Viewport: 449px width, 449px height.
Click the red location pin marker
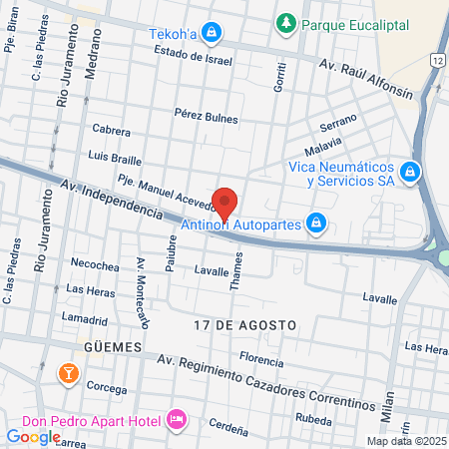[225, 203]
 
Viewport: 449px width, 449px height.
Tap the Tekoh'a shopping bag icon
[211, 33]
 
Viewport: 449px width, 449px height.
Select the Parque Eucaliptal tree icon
[285, 21]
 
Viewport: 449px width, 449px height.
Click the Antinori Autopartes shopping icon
[315, 222]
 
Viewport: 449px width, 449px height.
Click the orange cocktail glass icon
[69, 374]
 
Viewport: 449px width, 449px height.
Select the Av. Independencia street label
[110, 199]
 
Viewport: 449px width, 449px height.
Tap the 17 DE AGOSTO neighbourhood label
[245, 326]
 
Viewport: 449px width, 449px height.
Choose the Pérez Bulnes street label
[206, 117]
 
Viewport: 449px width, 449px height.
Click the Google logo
[33, 436]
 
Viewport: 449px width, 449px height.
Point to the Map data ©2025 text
[405, 441]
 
